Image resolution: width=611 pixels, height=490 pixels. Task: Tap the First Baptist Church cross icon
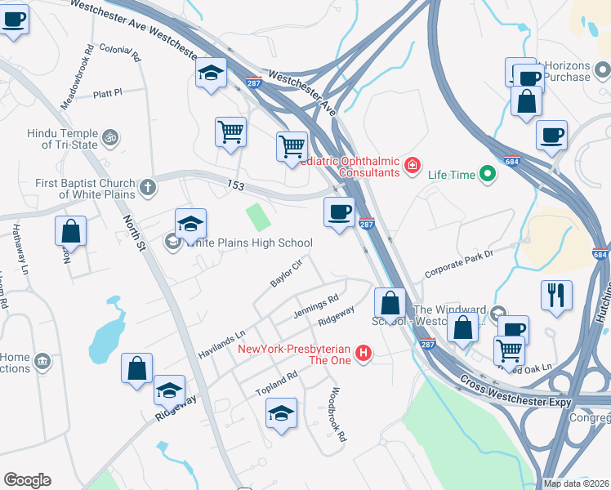pos(147,187)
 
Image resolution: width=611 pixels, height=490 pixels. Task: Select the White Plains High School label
pos(249,243)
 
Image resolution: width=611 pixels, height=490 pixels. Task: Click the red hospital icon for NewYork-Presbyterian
pos(365,354)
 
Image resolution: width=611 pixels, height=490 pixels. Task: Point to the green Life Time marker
pos(488,173)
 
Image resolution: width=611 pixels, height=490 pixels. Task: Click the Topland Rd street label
pos(278,382)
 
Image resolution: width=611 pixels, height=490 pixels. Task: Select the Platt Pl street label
pos(107,93)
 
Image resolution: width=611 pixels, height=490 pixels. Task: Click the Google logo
pos(28,480)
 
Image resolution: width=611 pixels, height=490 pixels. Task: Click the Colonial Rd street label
pos(120,53)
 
